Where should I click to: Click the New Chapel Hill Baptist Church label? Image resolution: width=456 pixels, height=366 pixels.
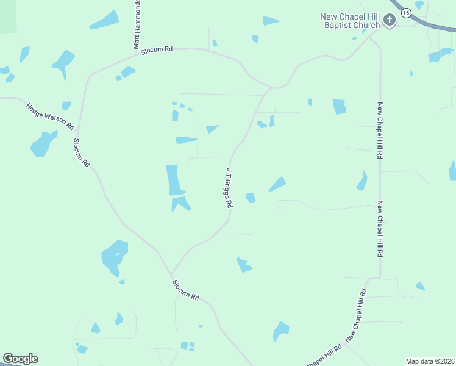[350, 21]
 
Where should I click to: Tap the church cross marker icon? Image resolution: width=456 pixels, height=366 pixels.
[390, 21]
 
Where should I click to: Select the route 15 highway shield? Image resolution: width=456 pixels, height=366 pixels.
[405, 12]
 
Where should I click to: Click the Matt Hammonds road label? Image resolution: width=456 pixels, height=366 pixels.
[137, 24]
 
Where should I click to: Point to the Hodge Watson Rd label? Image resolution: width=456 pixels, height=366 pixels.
[50, 116]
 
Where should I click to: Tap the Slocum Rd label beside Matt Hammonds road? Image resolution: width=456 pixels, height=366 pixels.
[157, 52]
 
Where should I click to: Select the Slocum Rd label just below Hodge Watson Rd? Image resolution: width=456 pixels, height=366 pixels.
[81, 152]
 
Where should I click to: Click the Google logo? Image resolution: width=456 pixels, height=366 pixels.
[20, 359]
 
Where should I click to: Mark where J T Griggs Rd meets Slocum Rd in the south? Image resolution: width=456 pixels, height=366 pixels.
[172, 273]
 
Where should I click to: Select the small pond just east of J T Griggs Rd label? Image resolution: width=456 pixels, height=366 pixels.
[250, 197]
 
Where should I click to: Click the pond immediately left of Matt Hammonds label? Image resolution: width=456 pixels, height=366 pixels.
[104, 20]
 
